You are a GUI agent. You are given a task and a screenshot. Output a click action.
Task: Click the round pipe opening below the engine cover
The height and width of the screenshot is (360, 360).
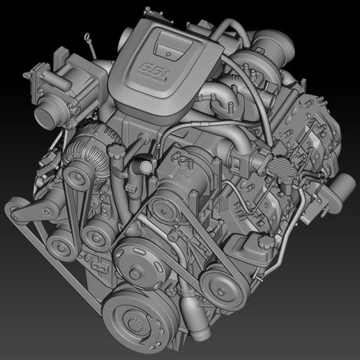[144, 167]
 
